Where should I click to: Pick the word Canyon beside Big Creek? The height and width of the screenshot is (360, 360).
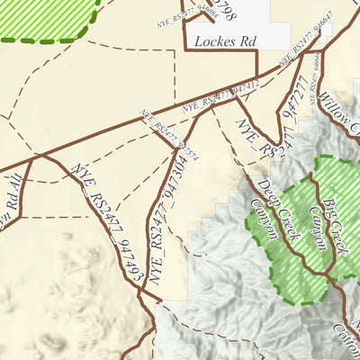tap(320, 226)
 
